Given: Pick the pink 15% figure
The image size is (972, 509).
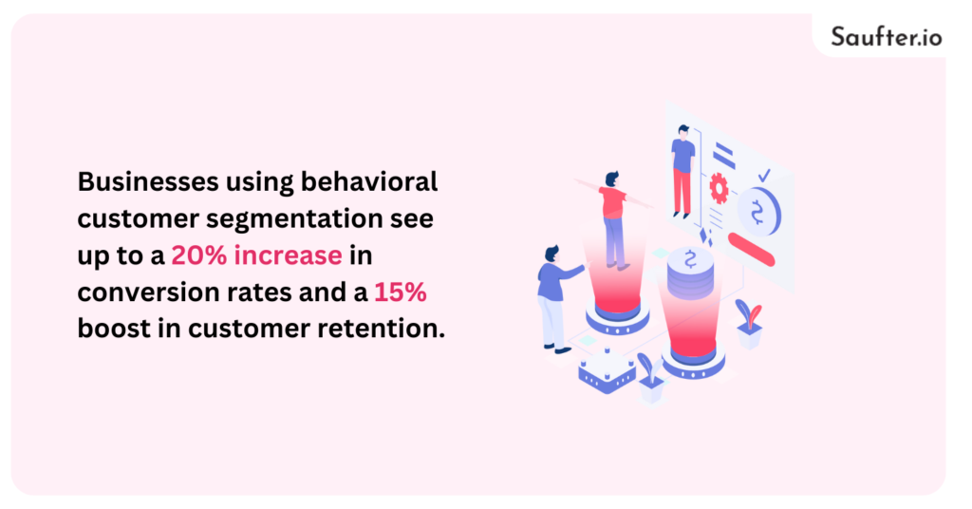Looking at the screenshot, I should [x=401, y=292].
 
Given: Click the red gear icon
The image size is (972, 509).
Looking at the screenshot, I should [x=719, y=190].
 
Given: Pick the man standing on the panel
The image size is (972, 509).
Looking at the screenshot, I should [x=682, y=171].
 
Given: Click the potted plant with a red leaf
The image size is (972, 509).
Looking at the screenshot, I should [x=749, y=321].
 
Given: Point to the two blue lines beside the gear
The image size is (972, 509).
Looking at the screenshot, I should [x=724, y=156].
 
